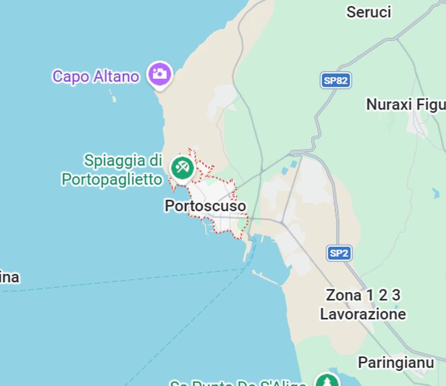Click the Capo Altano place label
(x=96, y=77)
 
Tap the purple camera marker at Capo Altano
(x=160, y=74)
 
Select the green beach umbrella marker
(x=182, y=168)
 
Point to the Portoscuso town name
(x=205, y=206)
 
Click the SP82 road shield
(x=336, y=80)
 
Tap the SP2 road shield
(x=339, y=253)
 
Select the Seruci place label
(x=369, y=12)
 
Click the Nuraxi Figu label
(x=405, y=105)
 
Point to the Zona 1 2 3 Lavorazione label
(x=363, y=305)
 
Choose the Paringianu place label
(x=396, y=362)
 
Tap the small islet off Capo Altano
(x=113, y=97)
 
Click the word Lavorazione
(x=363, y=315)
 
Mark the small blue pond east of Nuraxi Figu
(x=435, y=193)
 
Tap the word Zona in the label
(x=343, y=295)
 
